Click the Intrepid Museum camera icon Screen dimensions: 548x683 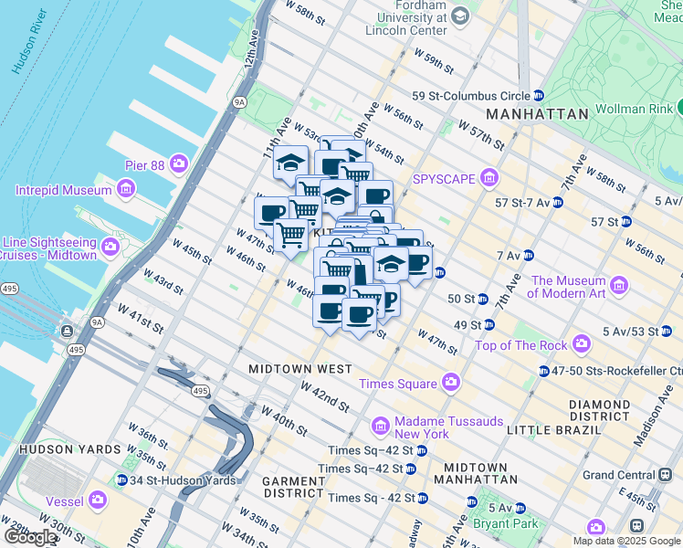click(x=126, y=190)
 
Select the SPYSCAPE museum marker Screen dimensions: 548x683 click(x=489, y=178)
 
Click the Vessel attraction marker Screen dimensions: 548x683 click(x=97, y=500)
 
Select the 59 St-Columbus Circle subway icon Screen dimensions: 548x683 click(x=539, y=95)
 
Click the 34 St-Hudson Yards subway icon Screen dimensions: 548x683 click(x=121, y=480)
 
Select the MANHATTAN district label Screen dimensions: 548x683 click(x=537, y=114)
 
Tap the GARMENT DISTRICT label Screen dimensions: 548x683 click(x=288, y=488)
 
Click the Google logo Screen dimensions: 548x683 click(x=30, y=537)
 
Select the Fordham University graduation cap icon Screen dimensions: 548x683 click(x=459, y=16)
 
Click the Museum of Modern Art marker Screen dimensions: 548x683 click(x=619, y=287)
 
